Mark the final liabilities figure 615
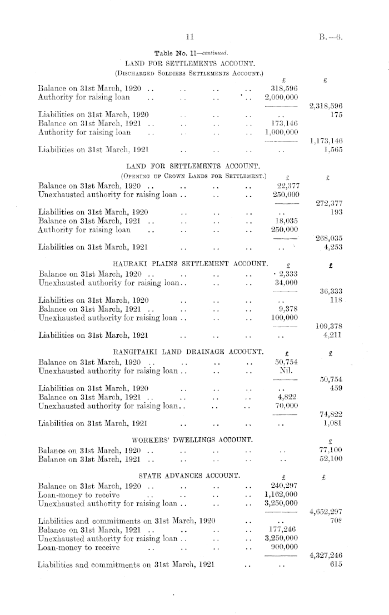(335, 565)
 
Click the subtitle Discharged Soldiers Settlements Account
(189, 72)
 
